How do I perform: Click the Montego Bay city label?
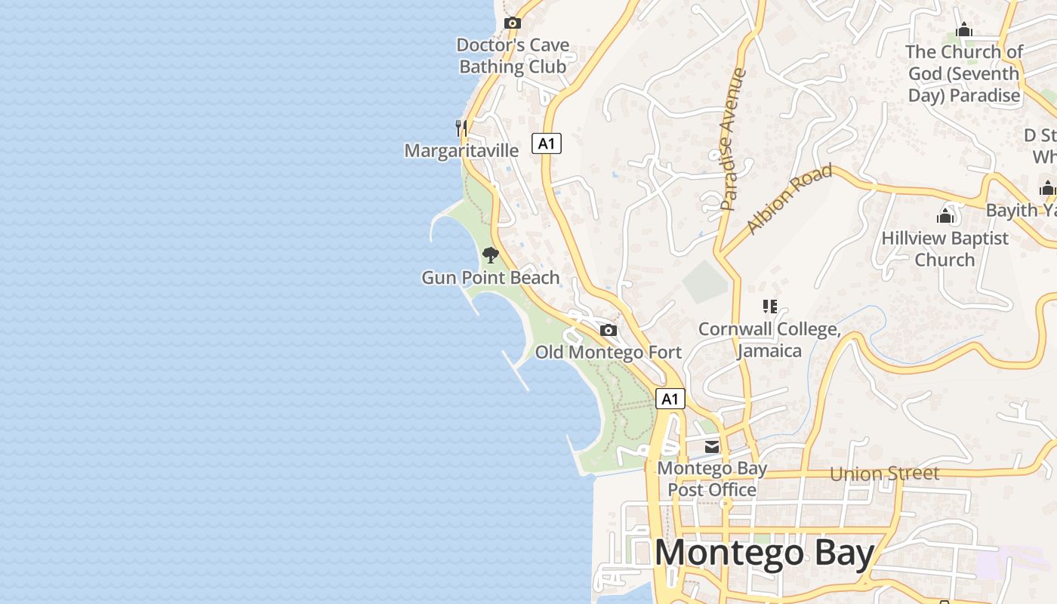pos(764,553)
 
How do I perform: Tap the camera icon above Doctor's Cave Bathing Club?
pos(513,23)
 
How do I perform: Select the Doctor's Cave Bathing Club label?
pos(513,56)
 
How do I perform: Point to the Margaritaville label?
pos(461,150)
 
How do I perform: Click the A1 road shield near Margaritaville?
pos(547,143)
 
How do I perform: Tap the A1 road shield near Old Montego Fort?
pos(670,399)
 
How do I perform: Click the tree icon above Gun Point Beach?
pos(490,255)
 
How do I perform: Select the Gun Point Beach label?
pos(491,277)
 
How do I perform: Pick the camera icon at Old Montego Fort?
pos(608,330)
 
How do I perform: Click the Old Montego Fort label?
pos(609,352)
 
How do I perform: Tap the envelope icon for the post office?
pos(712,447)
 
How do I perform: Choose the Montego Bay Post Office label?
pos(712,479)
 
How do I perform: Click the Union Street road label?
pos(885,473)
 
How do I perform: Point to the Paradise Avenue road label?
pos(732,139)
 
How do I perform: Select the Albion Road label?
pos(789,199)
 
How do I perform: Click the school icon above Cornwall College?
pos(769,307)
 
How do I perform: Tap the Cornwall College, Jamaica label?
pos(769,340)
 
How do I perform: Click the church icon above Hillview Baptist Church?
pos(945,217)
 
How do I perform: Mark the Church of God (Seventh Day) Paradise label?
pos(963,74)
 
